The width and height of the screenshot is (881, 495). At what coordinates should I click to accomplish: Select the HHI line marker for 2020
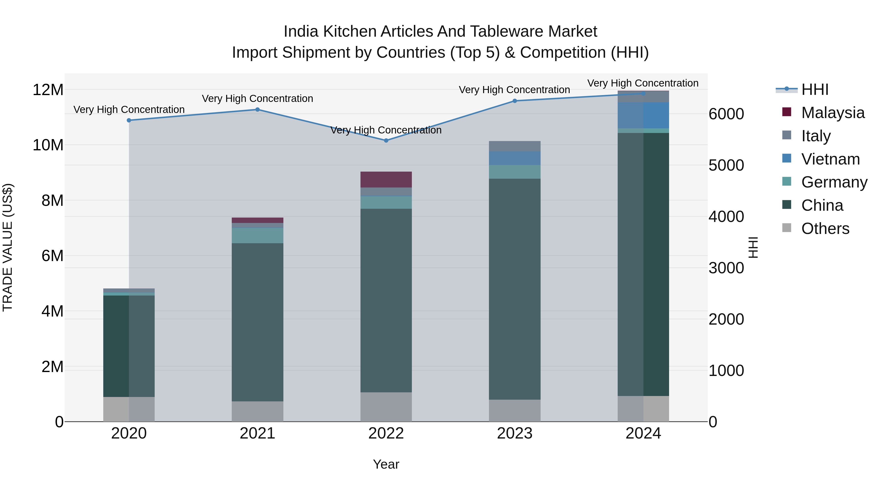tap(129, 120)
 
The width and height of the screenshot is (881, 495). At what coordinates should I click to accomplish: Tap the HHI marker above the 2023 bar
tap(514, 101)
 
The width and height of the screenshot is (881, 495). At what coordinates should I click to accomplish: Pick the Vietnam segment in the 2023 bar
tap(514, 158)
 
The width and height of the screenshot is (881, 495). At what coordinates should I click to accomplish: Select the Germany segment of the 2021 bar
tap(257, 235)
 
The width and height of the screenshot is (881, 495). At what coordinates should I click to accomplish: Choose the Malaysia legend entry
tap(833, 113)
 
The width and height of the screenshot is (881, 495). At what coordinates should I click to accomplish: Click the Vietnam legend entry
tap(830, 159)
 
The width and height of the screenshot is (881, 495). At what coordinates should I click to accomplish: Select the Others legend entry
tap(825, 229)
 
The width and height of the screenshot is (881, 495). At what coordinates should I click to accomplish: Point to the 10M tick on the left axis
tap(48, 145)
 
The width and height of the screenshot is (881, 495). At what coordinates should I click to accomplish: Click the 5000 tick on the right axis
tap(726, 165)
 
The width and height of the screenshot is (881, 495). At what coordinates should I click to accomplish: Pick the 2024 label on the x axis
tap(643, 433)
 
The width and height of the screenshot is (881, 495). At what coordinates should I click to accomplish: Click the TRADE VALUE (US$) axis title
tap(8, 247)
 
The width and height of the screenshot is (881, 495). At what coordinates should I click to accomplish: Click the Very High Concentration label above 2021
tap(257, 98)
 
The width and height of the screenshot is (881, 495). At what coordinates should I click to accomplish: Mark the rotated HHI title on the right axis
tap(753, 247)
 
